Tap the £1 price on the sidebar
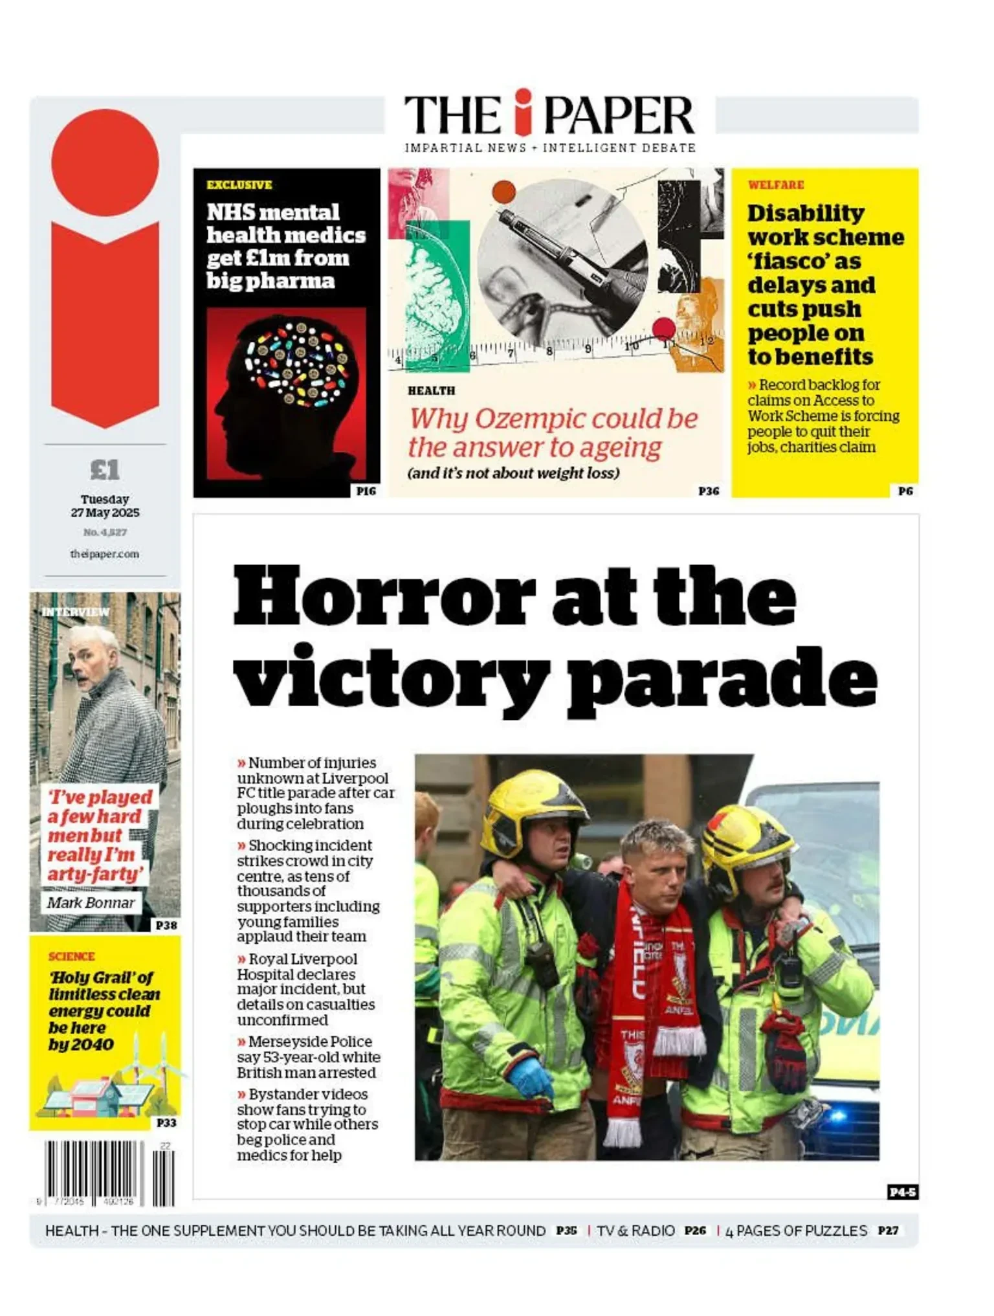point(105,469)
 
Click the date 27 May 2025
point(105,513)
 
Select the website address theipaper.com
point(104,554)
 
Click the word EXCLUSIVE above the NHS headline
point(239,185)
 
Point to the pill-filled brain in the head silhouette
point(299,364)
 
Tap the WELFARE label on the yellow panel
point(775,185)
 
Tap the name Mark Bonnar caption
point(91,902)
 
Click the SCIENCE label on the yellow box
point(71,956)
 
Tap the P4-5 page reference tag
point(902,1192)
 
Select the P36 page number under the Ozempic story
point(709,491)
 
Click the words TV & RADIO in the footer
point(635,1231)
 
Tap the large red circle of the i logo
point(105,162)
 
